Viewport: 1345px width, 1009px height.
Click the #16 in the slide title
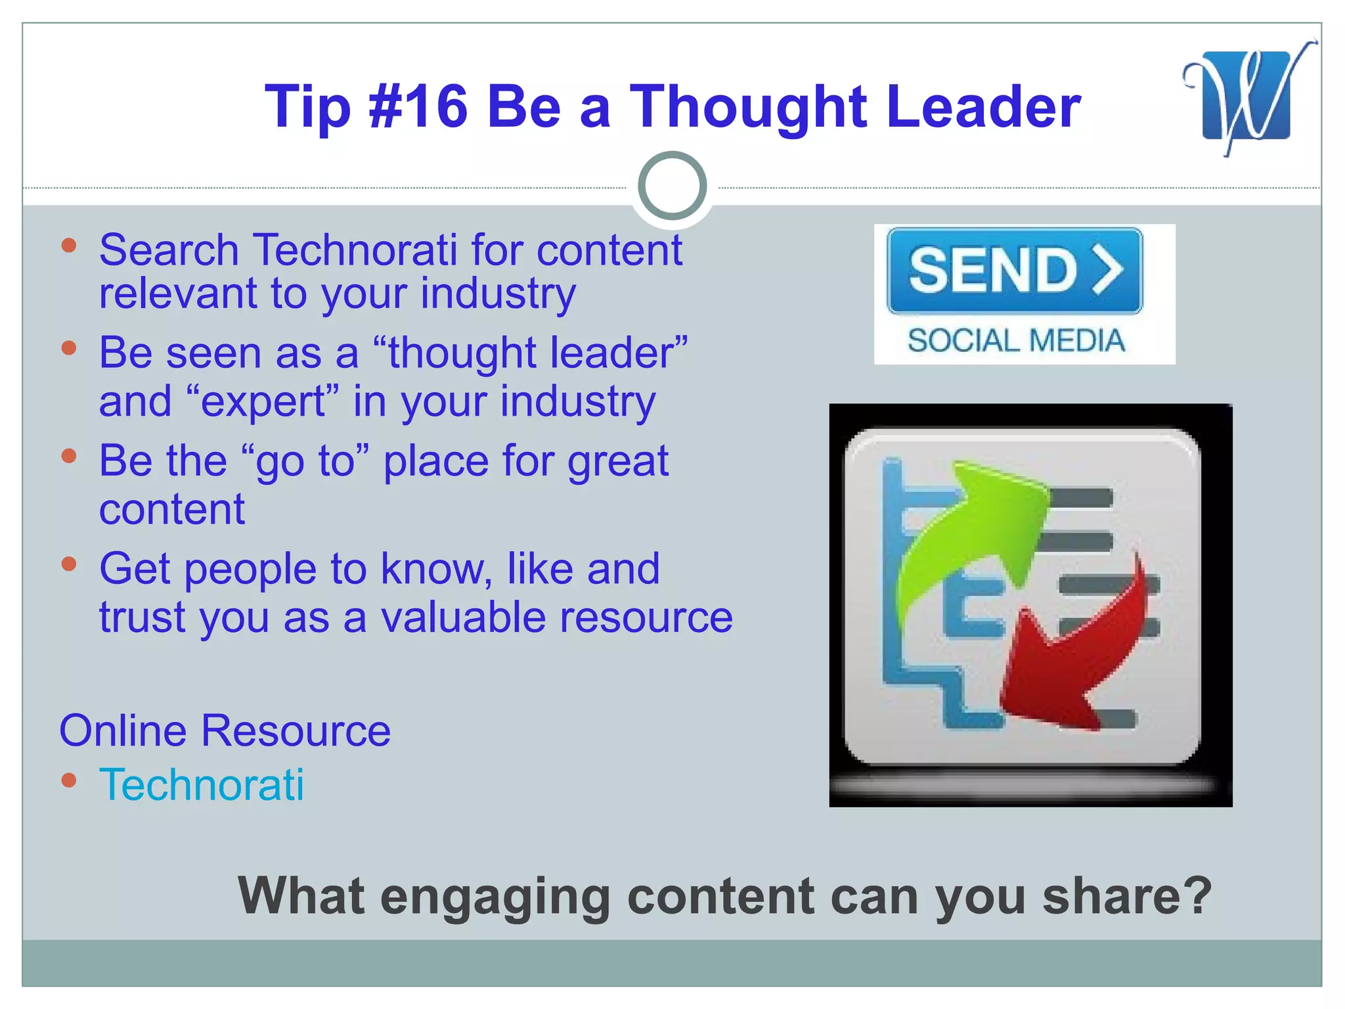click(x=418, y=106)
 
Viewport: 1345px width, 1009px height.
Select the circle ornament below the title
click(x=672, y=185)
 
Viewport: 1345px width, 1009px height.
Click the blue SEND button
click(x=1014, y=271)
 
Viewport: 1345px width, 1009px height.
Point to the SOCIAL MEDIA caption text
click(x=1016, y=341)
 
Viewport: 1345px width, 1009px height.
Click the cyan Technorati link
click(x=202, y=784)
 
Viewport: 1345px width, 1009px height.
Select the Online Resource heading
click(x=225, y=730)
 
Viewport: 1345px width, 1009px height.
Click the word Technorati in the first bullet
click(x=355, y=250)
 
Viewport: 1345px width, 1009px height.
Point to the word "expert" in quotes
click(x=263, y=401)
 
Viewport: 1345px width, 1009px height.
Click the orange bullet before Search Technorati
click(x=69, y=246)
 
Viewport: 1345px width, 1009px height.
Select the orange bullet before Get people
click(x=69, y=564)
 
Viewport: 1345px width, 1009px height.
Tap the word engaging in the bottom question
click(x=496, y=897)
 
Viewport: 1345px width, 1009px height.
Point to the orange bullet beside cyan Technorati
click(x=69, y=780)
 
